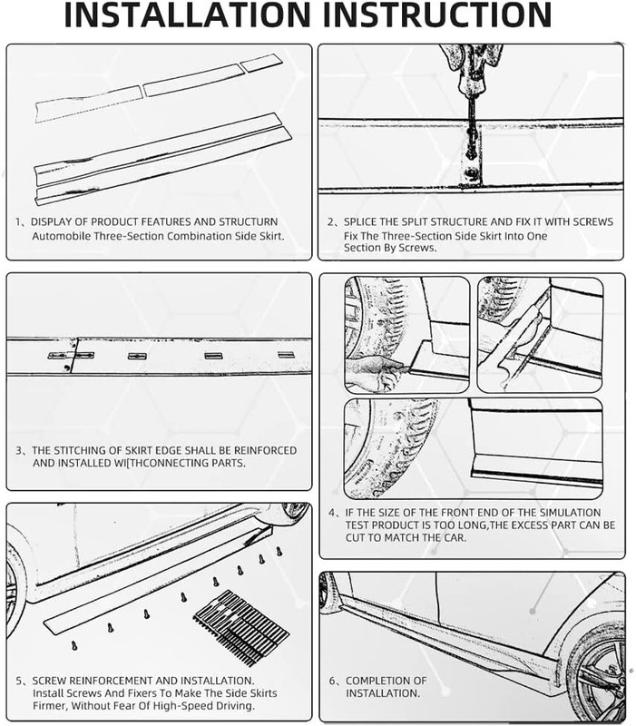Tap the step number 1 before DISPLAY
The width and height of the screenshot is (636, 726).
[19, 222]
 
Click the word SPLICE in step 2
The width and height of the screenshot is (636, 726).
[362, 222]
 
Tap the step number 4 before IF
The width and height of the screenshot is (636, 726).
[331, 512]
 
